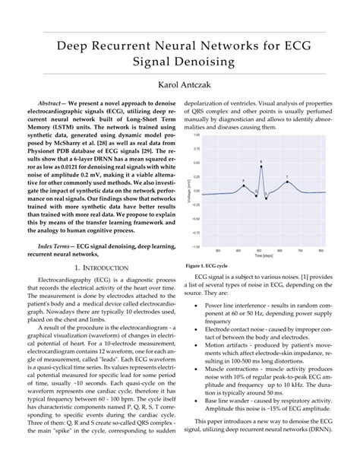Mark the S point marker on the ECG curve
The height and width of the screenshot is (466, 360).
(x=267, y=197)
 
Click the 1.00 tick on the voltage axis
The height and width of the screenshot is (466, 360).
(x=196, y=135)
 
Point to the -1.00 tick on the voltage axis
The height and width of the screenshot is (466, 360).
(x=195, y=246)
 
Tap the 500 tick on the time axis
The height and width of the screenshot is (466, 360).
(x=261, y=252)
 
